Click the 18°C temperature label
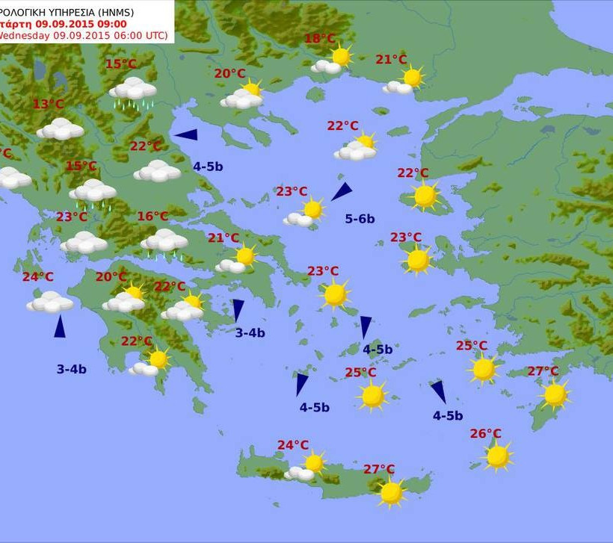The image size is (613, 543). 320,39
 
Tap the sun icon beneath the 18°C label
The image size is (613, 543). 341,56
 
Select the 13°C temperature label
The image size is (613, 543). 48,104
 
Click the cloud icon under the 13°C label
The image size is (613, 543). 60,129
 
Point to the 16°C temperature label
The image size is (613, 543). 153,217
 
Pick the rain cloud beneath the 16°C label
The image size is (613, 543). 164,242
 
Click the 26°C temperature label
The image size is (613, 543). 485,433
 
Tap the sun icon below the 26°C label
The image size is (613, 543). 497,456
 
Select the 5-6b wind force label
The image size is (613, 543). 360,219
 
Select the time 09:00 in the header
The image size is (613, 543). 111,23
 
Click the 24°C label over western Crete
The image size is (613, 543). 293,445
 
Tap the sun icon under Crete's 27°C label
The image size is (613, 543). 391,492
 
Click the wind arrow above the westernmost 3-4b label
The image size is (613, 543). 59,326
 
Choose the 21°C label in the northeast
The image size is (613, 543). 391,60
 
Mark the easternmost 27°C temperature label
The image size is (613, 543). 543,371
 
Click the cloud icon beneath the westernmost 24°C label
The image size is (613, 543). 50,302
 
